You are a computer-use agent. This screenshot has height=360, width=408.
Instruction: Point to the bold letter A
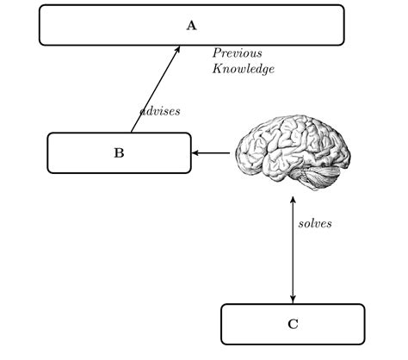191,25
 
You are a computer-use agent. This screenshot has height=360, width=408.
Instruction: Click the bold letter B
119,153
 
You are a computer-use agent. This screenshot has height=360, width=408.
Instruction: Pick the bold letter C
293,325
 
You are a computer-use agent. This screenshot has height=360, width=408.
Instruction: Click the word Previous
237,53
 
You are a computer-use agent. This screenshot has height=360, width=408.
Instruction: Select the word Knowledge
243,69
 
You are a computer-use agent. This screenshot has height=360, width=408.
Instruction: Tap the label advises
160,111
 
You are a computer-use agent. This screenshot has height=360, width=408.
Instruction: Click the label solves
315,223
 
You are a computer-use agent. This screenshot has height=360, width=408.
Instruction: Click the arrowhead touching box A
177,50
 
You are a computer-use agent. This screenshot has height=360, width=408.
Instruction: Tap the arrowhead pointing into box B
196,153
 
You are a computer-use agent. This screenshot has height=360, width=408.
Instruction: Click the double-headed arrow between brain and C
293,250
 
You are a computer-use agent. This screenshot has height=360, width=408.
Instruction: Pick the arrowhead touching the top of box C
293,299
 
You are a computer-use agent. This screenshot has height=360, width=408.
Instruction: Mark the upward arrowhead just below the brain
293,199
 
